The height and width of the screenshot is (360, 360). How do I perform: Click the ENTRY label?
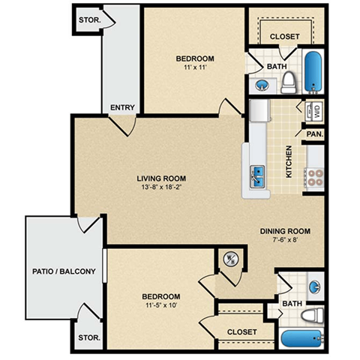122,108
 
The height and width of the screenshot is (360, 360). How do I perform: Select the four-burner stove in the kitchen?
313,178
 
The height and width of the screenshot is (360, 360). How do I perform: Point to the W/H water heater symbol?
230,260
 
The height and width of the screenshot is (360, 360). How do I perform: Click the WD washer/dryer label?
316,112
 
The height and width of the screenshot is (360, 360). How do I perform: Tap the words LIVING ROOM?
161,178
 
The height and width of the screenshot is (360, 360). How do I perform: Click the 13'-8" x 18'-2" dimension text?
161,188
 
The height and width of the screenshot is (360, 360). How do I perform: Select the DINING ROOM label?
285,231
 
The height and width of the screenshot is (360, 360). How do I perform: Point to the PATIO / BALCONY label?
64,271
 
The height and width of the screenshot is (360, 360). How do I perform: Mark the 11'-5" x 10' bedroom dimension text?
161,306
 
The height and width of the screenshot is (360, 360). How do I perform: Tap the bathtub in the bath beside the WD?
313,71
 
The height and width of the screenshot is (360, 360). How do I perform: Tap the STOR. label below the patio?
88,338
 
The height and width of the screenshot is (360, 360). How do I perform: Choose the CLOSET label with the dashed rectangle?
286,37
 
